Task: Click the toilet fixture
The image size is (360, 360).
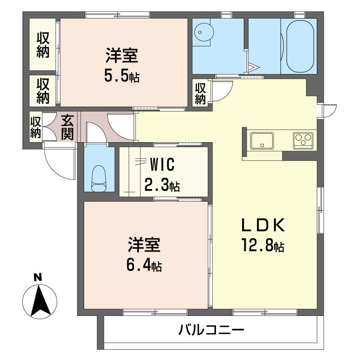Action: tap(99, 178)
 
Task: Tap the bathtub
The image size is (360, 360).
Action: tap(300, 46)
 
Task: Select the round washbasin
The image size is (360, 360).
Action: tap(204, 32)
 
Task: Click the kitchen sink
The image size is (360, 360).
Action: tap(262, 141)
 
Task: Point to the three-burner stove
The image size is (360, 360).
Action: tap(303, 140)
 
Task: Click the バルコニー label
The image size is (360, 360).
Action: tap(211, 330)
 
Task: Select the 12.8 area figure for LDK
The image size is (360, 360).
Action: tap(262, 245)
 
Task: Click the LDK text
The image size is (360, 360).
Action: tap(263, 225)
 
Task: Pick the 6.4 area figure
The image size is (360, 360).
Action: tap(144, 265)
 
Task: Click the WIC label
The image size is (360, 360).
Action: tap(162, 164)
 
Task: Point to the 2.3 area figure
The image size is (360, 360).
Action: tap(162, 185)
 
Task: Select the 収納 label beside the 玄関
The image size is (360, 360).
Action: tap(36, 127)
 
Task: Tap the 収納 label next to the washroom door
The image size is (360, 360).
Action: tap(200, 94)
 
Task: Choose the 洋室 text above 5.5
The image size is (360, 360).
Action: tap(121, 55)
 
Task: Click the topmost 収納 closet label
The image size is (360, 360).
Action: tap(43, 45)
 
